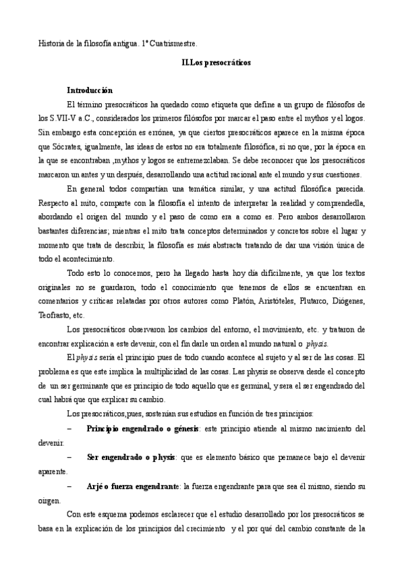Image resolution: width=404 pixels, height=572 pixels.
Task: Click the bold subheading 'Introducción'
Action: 89,90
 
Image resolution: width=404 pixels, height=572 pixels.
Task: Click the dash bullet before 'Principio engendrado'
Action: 71,429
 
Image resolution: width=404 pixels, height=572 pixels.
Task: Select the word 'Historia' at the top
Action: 53,44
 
